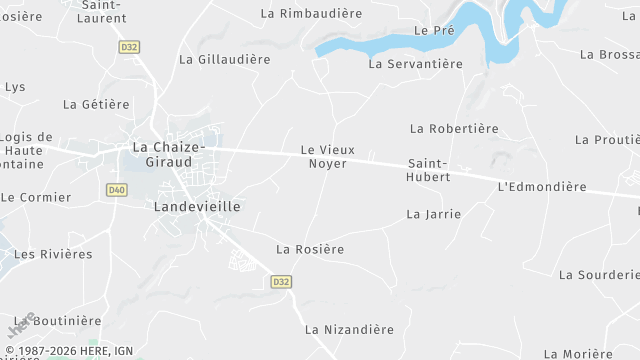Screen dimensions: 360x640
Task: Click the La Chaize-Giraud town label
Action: pyautogui.click(x=169, y=155)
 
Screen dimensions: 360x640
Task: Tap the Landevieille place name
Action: pyautogui.click(x=198, y=206)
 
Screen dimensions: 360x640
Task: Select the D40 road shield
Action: pyautogui.click(x=116, y=189)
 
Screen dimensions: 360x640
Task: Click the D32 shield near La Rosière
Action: pyautogui.click(x=281, y=282)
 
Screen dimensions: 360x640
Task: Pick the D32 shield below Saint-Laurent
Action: pyautogui.click(x=128, y=46)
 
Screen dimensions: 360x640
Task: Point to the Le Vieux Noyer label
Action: pyautogui.click(x=324, y=156)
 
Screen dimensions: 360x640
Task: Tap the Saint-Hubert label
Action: pyautogui.click(x=429, y=170)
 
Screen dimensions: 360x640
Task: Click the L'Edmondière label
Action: pyautogui.click(x=541, y=187)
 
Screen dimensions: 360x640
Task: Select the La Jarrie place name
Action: pyautogui.click(x=434, y=214)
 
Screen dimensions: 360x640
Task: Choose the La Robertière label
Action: pyautogui.click(x=454, y=129)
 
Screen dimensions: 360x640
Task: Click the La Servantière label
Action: pyautogui.click(x=416, y=64)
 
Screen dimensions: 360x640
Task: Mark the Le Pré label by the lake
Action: pyautogui.click(x=434, y=31)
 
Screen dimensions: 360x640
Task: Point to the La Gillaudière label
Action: pyautogui.click(x=225, y=60)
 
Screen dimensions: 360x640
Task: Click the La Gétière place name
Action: pyautogui.click(x=96, y=104)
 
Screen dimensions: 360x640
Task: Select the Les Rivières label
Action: pyautogui.click(x=53, y=254)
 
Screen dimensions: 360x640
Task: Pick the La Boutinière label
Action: pyautogui.click(x=59, y=321)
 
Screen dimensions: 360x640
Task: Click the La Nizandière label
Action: pyautogui.click(x=350, y=329)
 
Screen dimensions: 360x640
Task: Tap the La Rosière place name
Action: pyautogui.click(x=310, y=249)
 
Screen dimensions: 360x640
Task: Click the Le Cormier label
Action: pyautogui.click(x=36, y=198)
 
